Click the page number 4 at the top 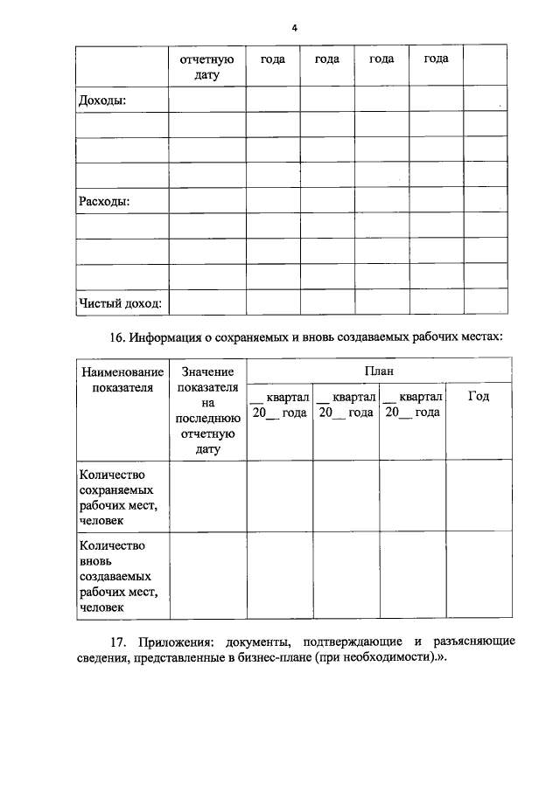295,28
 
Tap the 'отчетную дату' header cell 206,66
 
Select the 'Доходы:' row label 102,100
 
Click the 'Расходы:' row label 104,201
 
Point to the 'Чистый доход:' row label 121,303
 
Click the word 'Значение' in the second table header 208,372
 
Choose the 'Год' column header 478,396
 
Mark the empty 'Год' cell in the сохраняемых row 478,496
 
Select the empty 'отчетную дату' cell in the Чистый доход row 206,302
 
